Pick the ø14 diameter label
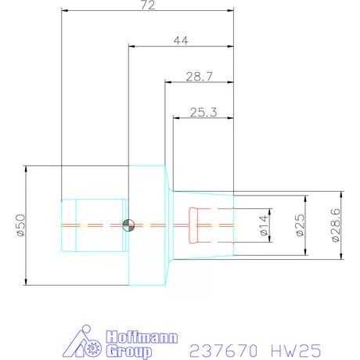pos(264,225)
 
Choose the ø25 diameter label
pos(299,225)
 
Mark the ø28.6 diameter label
pos(336,225)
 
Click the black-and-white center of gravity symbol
pos(128,225)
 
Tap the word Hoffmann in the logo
pos(139,338)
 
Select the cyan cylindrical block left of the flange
pos(94,225)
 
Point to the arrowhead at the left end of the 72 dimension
pos(63,11)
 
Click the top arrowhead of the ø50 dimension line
pos(27,168)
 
